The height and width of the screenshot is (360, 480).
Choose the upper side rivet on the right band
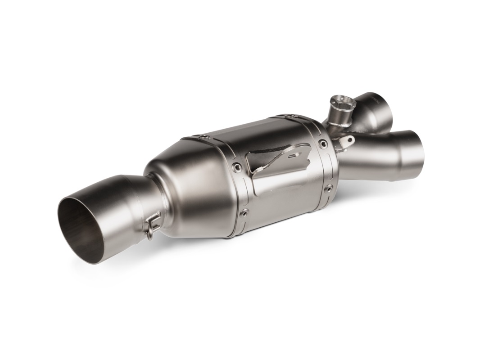[323, 144]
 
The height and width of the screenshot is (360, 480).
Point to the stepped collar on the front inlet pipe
[396, 148]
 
